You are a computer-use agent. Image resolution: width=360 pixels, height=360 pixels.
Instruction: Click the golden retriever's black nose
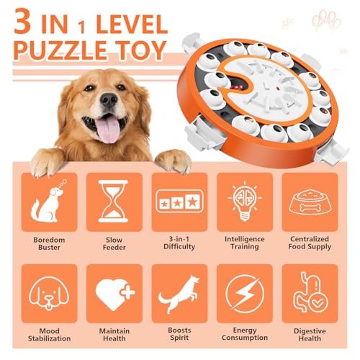coord(109,100)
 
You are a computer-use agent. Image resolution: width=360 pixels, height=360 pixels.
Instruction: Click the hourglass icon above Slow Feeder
coord(114,201)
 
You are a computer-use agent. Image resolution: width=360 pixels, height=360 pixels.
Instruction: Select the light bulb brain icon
coord(245,201)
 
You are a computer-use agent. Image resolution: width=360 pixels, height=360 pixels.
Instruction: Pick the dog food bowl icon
coord(310,202)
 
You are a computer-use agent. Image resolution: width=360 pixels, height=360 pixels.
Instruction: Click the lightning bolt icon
coord(245,294)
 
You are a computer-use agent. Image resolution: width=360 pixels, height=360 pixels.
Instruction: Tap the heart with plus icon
coord(115,294)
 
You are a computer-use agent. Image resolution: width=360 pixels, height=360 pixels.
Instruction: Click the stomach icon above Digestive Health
coord(310,292)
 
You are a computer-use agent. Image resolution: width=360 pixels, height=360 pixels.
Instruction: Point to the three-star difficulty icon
coord(179,201)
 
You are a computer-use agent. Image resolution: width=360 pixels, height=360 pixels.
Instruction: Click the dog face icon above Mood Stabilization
coord(49,293)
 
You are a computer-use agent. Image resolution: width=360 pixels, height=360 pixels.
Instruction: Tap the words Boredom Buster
coord(49,243)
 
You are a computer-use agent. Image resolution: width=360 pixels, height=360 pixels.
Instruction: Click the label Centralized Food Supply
coord(310,243)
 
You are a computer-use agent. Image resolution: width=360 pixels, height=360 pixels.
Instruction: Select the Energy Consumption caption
coord(245,334)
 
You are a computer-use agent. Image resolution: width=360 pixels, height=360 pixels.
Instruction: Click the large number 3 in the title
coord(22,22)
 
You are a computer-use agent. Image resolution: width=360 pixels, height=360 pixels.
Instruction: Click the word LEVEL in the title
coord(132,24)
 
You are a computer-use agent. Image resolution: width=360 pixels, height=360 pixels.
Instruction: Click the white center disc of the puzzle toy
coord(266,88)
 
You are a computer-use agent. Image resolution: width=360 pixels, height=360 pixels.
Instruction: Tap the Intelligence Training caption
coord(245,243)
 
